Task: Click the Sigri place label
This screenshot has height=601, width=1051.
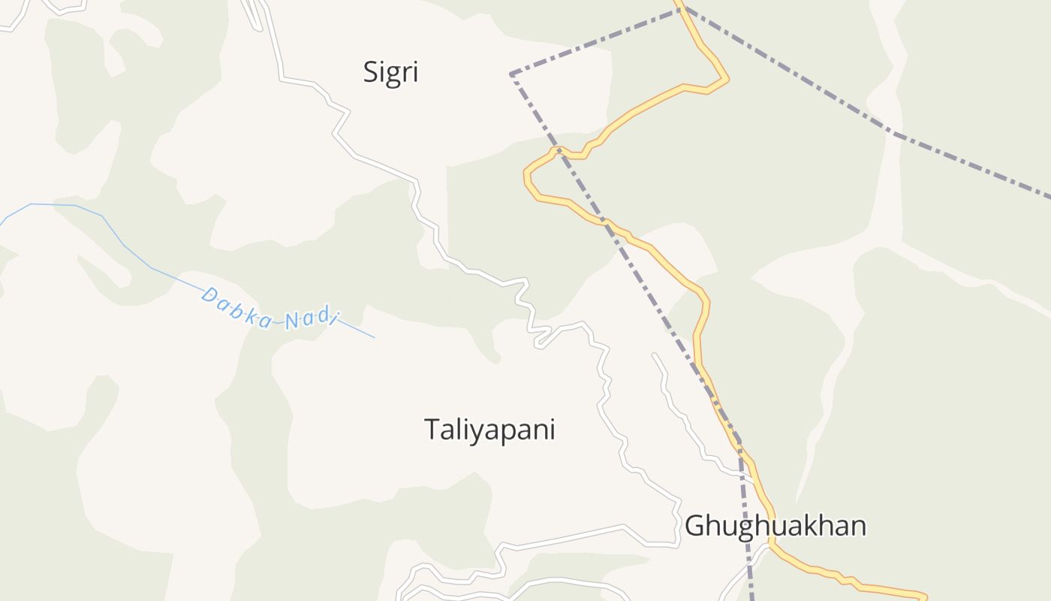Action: click(390, 73)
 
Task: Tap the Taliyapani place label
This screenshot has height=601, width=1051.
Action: click(489, 430)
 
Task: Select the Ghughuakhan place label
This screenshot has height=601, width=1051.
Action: click(775, 525)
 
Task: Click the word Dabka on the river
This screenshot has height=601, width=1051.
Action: click(237, 308)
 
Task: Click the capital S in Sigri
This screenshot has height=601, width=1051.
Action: click(371, 72)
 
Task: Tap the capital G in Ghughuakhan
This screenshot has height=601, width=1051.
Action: click(695, 525)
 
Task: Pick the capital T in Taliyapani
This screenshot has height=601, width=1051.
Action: click(432, 429)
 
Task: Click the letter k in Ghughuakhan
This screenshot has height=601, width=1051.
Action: click(809, 525)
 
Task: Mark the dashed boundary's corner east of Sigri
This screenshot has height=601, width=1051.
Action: click(511, 74)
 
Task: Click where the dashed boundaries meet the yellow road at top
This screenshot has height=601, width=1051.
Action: click(681, 9)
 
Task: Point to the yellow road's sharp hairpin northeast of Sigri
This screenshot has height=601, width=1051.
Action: click(727, 78)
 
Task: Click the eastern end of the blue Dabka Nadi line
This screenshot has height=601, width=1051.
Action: click(374, 337)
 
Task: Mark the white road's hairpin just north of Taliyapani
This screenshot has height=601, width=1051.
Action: click(537, 344)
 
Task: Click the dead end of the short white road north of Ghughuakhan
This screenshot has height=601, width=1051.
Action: click(654, 354)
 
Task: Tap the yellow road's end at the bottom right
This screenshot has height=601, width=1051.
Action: click(925, 597)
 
